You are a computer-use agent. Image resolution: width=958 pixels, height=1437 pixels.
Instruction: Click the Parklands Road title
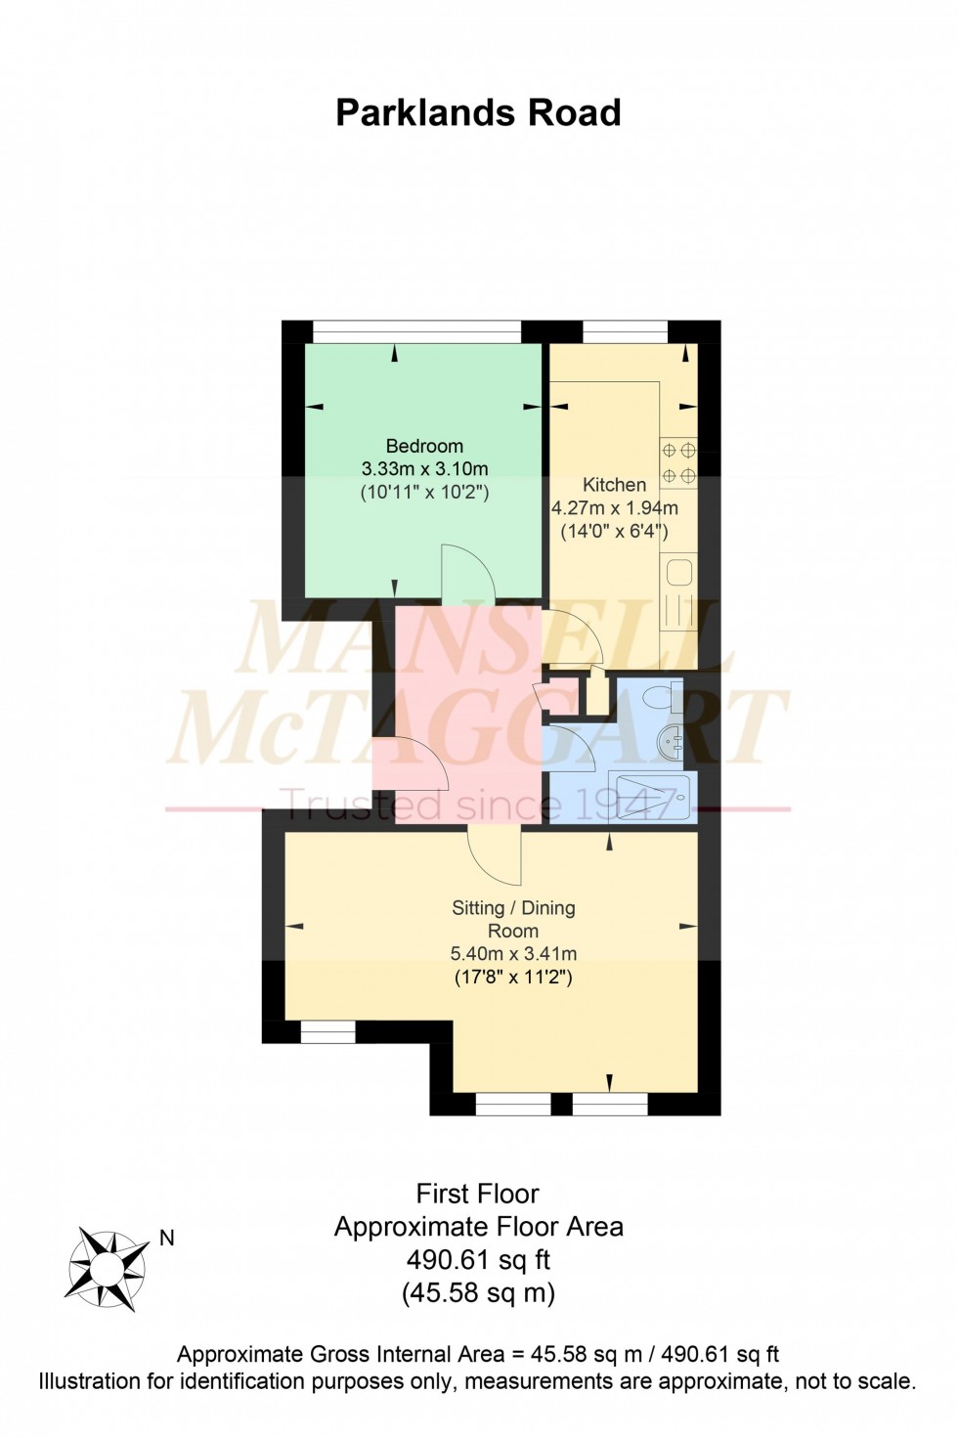478,113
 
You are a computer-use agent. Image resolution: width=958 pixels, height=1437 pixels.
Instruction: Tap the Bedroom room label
424,446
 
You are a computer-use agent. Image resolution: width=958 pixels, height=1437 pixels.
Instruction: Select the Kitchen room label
614,484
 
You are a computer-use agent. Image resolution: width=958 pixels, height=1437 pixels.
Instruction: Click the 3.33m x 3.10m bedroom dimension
424,469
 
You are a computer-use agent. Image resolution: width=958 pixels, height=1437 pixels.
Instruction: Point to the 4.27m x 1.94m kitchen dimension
614,508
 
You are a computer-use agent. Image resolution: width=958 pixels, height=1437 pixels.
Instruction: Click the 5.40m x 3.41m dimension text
513,953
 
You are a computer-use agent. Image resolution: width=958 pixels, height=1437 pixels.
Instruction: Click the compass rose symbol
107,1270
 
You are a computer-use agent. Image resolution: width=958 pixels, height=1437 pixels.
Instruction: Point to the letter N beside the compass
167,1239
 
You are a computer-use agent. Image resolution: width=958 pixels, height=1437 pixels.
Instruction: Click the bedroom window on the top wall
416,333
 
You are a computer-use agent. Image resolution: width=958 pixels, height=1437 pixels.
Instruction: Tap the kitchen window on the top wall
625,333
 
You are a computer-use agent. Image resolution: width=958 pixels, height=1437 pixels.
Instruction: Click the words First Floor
478,1194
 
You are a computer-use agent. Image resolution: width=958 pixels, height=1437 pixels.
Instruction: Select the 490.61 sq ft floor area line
478,1259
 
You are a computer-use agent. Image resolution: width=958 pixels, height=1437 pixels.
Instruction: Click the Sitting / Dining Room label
513,919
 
